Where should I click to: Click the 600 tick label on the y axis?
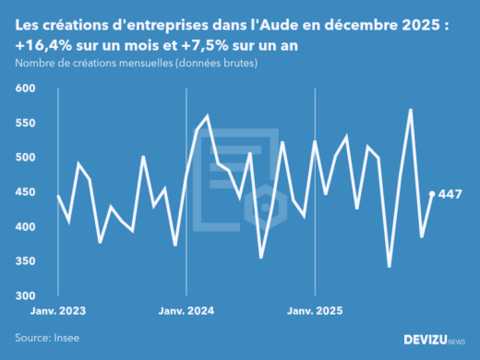coord(25,89)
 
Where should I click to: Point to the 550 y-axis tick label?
coord(25,123)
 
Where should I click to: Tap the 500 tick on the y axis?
coord(25,158)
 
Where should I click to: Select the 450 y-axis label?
coord(25,192)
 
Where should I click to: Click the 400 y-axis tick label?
coord(25,227)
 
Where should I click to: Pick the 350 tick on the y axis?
coord(25,261)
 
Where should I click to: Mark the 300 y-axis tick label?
coord(25,295)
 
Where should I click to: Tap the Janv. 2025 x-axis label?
coord(316,311)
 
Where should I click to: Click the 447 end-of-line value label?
coord(450,194)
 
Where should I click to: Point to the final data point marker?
coord(432,194)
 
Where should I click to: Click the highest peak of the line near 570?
coord(410,110)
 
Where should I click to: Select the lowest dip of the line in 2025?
coord(390,267)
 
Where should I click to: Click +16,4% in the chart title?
coord(45,45)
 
